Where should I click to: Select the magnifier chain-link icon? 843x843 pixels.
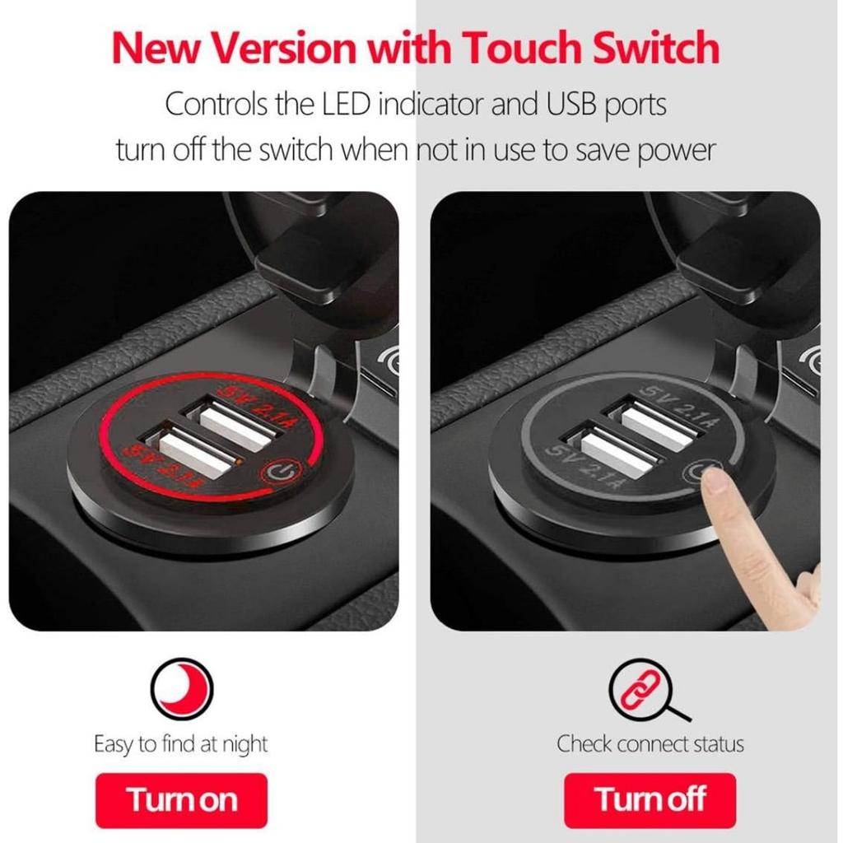tap(643, 690)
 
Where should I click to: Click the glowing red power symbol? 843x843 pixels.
tap(280, 473)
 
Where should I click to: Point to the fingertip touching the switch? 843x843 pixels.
tap(714, 481)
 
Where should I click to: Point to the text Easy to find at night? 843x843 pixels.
tap(181, 745)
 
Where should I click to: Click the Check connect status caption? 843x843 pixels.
tap(650, 745)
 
